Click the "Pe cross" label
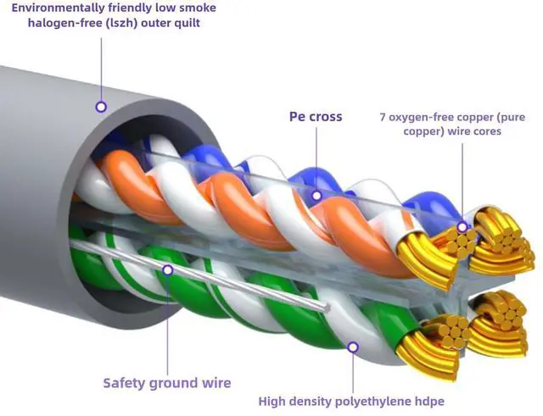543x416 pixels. [315, 115]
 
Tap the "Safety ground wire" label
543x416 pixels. [167, 382]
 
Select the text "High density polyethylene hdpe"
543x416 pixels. [352, 401]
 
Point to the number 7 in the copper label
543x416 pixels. [383, 115]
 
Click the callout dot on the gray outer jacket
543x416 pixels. [101, 107]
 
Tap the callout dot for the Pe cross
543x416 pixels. [316, 195]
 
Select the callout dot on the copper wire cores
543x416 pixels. [462, 227]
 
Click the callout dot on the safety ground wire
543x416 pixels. [167, 270]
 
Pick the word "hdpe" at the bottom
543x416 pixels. [428, 401]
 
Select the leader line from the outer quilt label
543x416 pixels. [101, 68]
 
